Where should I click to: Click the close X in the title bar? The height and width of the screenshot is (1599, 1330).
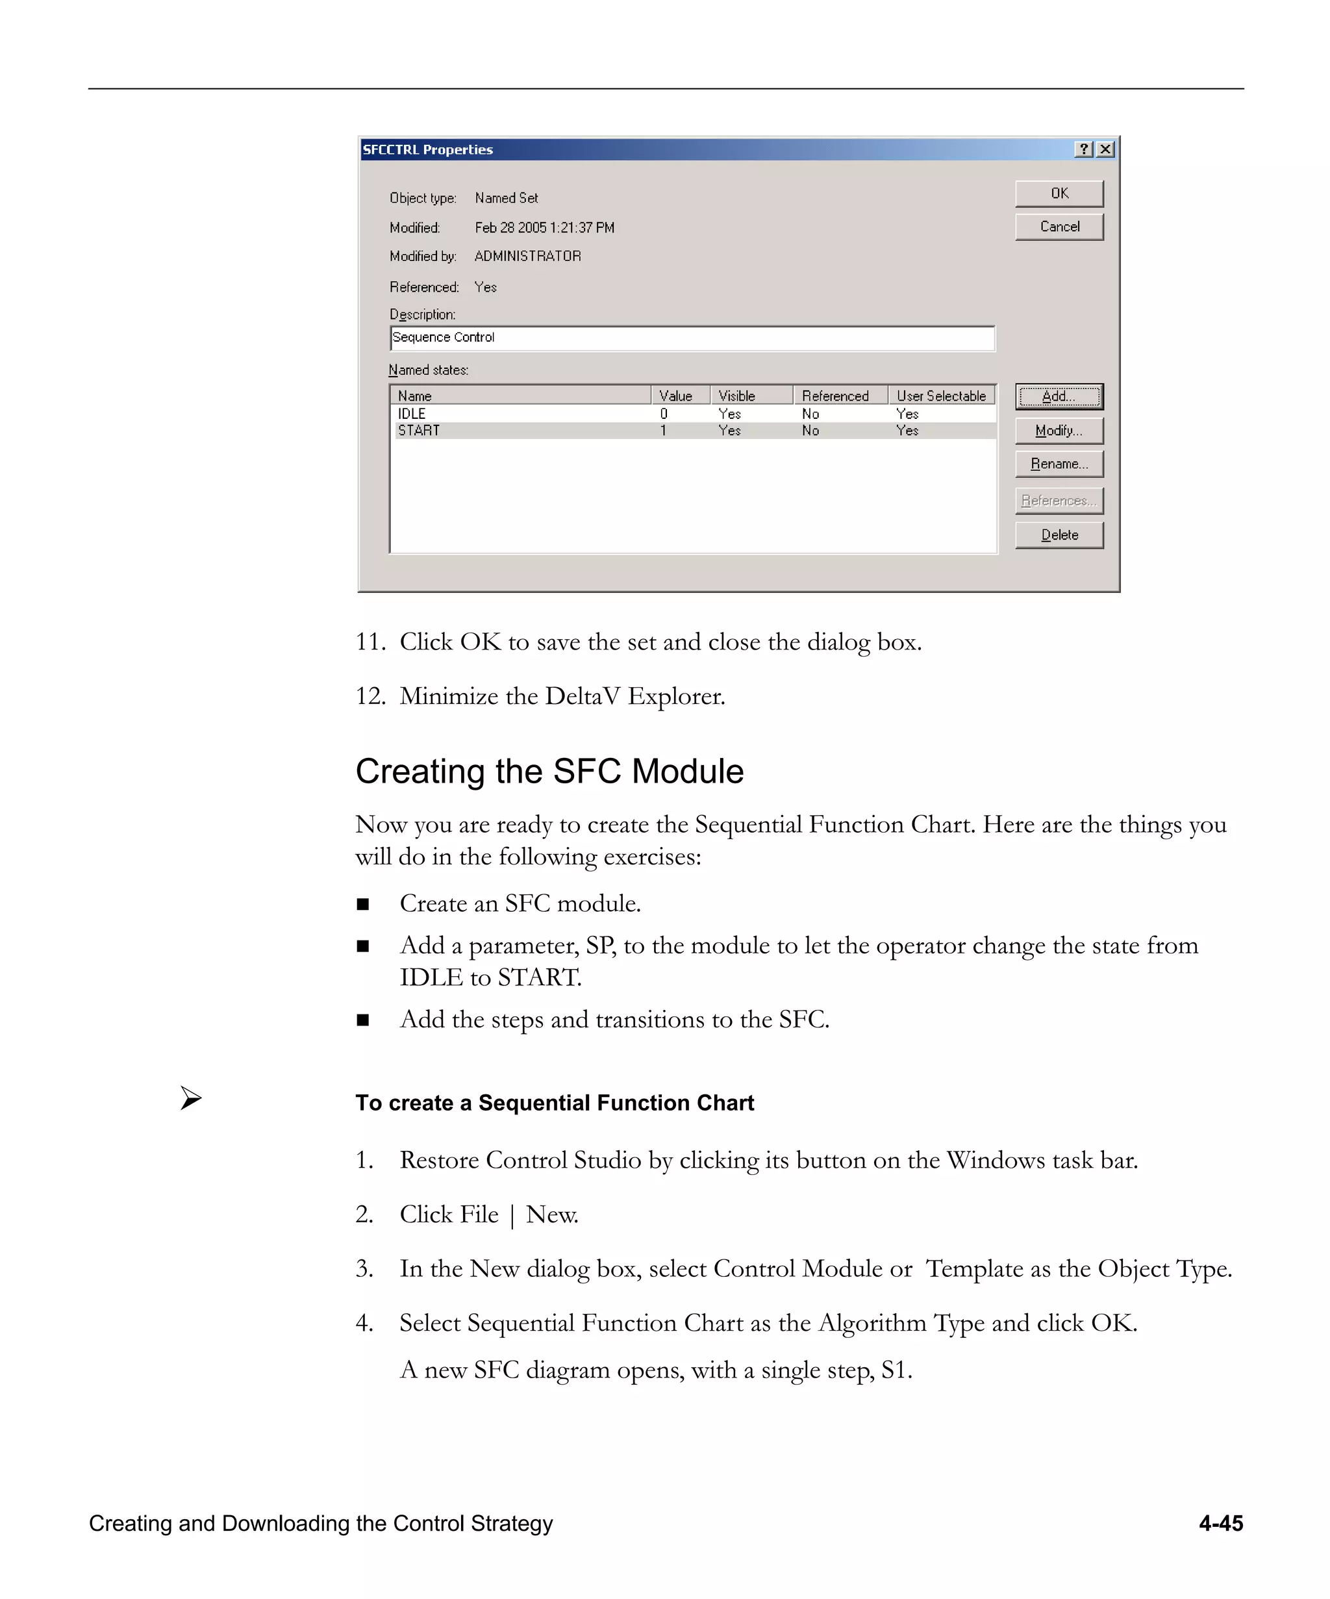[x=1105, y=149]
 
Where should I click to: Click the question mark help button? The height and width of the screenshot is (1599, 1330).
[x=1084, y=149]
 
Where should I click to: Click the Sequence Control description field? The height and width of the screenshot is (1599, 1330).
[x=691, y=337]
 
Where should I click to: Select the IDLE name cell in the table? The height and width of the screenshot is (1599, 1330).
[x=412, y=414]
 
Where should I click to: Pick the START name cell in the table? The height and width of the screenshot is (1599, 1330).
[x=419, y=430]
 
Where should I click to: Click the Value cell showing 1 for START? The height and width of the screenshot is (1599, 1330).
[x=664, y=430]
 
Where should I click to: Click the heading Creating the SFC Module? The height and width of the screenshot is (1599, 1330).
[x=549, y=772]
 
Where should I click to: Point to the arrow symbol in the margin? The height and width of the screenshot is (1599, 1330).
[x=191, y=1098]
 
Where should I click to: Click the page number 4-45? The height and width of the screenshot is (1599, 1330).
[x=1220, y=1524]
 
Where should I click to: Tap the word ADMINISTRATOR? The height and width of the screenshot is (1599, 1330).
[x=527, y=257]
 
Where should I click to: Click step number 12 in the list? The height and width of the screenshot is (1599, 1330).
[x=370, y=696]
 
